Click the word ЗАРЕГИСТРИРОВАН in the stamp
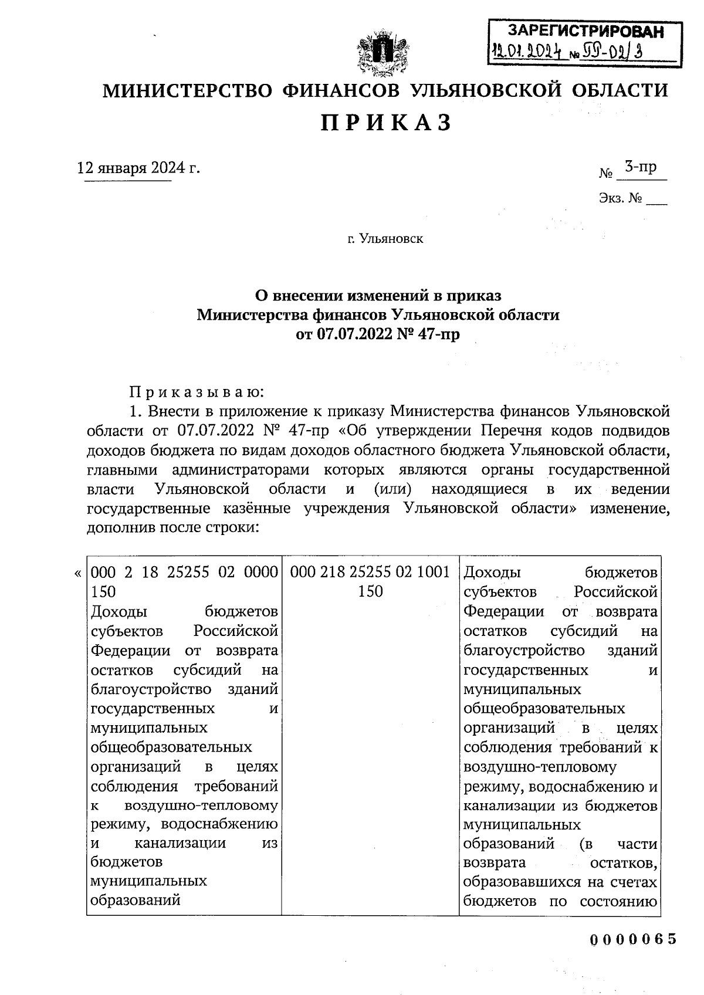[585, 32]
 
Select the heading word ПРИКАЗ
[385, 123]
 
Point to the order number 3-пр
[640, 167]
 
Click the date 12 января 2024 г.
[139, 168]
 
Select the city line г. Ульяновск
[385, 239]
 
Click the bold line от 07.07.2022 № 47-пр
[378, 335]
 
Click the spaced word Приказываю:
[197, 391]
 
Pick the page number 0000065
[633, 939]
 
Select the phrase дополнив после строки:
[172, 527]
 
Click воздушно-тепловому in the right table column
[540, 767]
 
